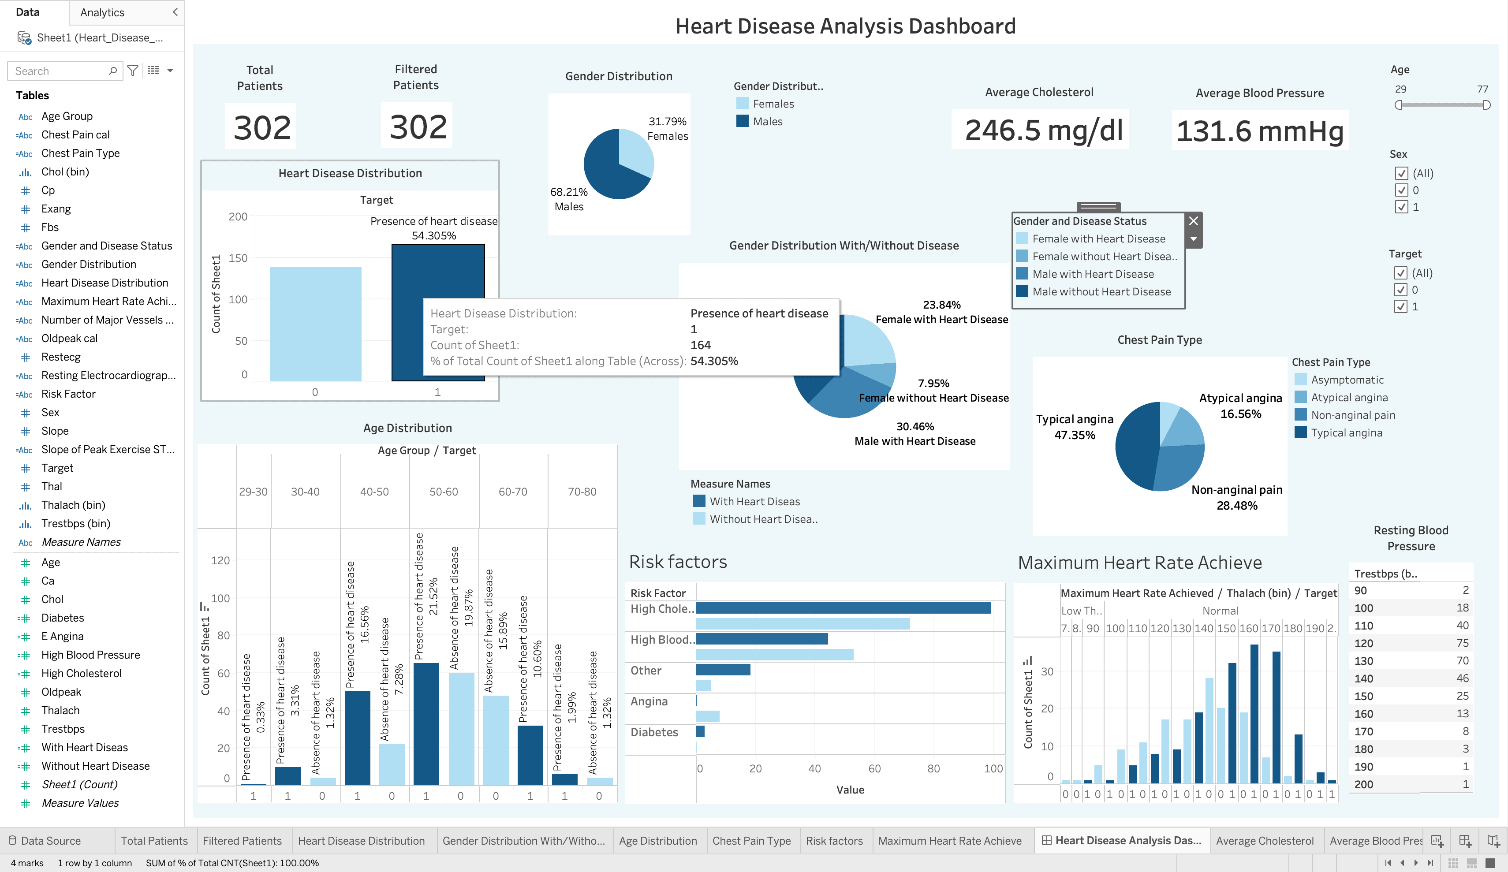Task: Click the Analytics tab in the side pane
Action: [x=102, y=13]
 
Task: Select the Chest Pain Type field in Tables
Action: [x=80, y=153]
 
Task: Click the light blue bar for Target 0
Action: [x=315, y=323]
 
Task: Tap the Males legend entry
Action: [x=767, y=122]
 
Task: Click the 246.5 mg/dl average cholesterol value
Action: [x=1044, y=130]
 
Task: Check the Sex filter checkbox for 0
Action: [x=1401, y=190]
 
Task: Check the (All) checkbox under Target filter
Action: [x=1401, y=273]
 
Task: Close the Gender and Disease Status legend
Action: [x=1193, y=221]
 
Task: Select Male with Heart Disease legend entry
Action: [x=1093, y=274]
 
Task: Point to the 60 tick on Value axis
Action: [x=874, y=768]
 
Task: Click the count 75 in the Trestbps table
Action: [x=1462, y=643]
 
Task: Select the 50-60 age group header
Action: [x=444, y=492]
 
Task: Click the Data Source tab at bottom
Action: [x=50, y=841]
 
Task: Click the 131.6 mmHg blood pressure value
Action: [x=1260, y=130]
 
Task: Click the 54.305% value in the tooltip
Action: [x=714, y=361]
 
